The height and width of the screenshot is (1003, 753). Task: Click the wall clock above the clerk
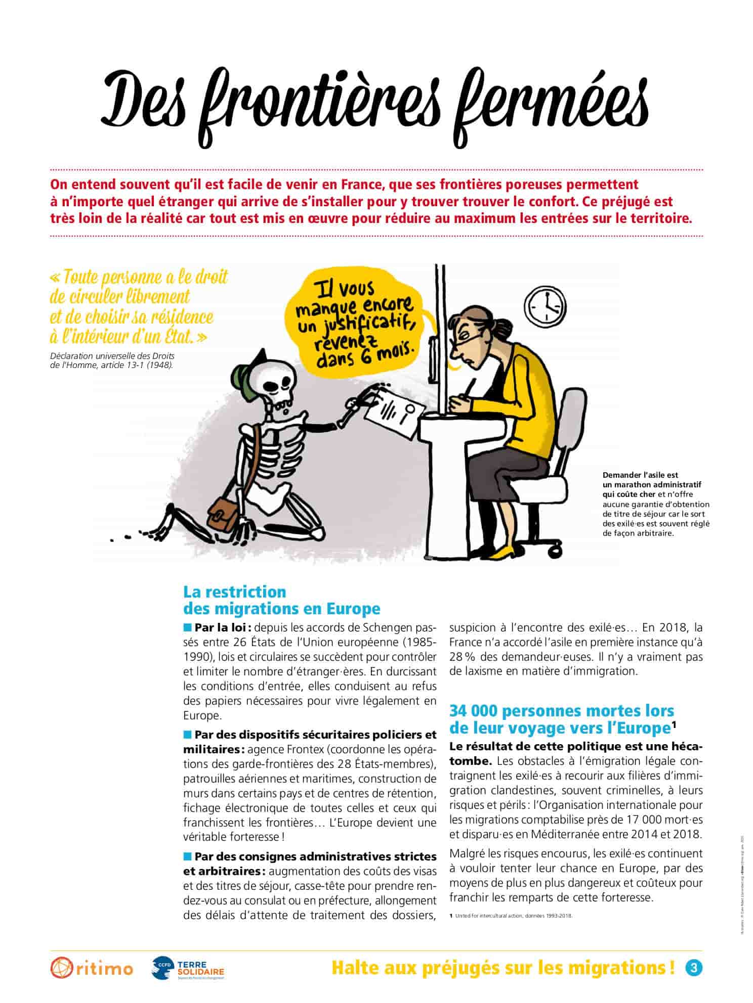click(x=546, y=306)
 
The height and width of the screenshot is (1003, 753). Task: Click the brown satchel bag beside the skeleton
click(x=221, y=511)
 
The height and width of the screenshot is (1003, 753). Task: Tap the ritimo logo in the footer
click(x=91, y=968)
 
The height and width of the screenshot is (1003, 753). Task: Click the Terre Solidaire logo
click(x=188, y=968)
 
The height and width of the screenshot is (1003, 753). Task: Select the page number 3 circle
click(x=693, y=967)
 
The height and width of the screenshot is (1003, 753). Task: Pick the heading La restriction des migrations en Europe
click(x=281, y=600)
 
